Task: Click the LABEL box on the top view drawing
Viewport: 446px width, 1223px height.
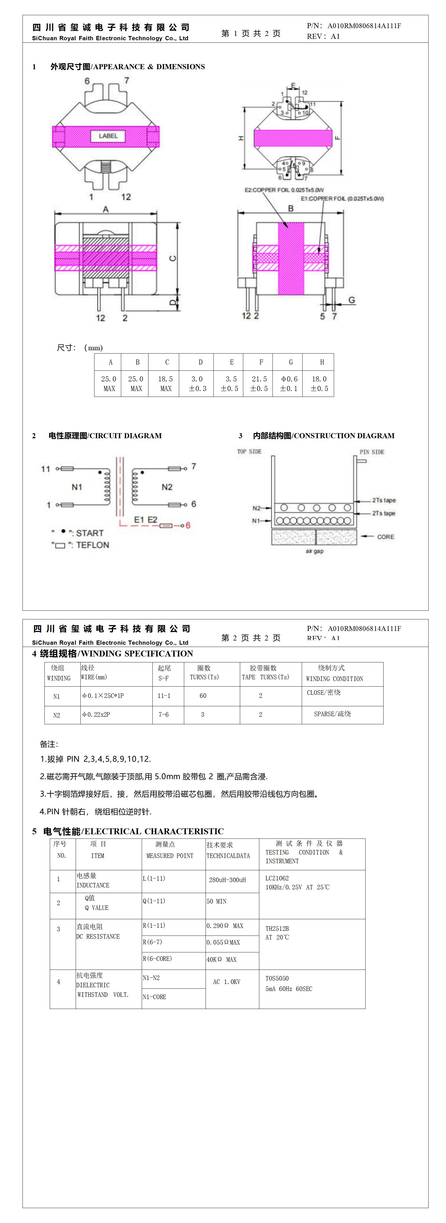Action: pyautogui.click(x=108, y=136)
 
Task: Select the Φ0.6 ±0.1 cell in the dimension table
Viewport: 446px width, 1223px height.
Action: pyautogui.click(x=289, y=384)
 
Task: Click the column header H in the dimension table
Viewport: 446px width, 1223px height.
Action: pyautogui.click(x=322, y=362)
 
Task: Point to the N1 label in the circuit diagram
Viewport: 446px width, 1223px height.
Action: pyautogui.click(x=77, y=487)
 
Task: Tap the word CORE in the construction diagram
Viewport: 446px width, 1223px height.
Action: pyautogui.click(x=385, y=537)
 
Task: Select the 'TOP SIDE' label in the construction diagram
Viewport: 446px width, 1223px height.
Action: pyautogui.click(x=249, y=451)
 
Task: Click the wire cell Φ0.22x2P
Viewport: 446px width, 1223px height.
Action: pyautogui.click(x=96, y=714)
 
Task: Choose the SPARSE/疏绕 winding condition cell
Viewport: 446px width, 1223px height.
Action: pyautogui.click(x=332, y=714)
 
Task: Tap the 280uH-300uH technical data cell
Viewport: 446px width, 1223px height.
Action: pyautogui.click(x=227, y=880)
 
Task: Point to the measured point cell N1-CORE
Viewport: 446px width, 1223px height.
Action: pyautogui.click(x=155, y=997)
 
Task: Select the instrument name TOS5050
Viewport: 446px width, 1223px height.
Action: pyautogui.click(x=277, y=979)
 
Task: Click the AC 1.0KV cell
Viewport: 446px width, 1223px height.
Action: pyautogui.click(x=227, y=982)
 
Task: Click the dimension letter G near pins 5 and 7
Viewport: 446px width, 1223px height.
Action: pyautogui.click(x=352, y=300)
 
